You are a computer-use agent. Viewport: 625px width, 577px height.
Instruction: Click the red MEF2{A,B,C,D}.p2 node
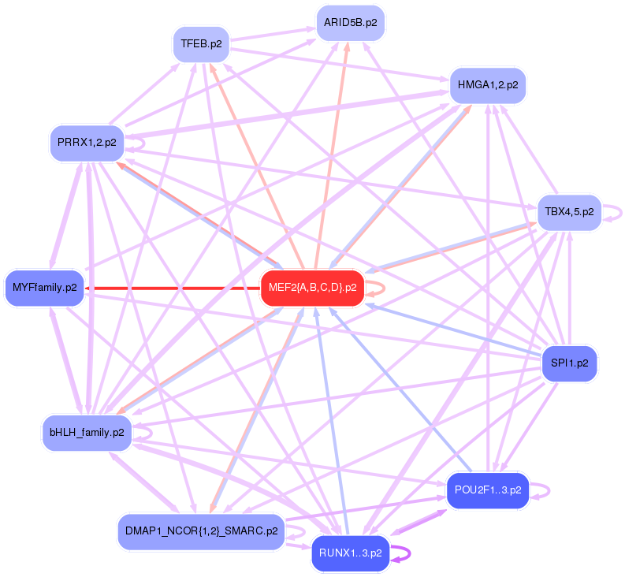312,288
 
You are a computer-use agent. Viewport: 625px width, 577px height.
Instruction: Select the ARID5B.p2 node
350,23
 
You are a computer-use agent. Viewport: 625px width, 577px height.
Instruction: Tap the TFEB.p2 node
200,43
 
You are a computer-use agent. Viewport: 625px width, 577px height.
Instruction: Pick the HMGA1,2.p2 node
487,84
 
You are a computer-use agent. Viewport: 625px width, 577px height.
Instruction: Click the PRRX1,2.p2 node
87,143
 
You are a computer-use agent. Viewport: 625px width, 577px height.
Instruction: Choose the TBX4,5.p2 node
569,212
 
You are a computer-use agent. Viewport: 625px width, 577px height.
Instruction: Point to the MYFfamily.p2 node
44,288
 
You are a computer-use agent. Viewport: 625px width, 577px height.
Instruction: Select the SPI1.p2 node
570,364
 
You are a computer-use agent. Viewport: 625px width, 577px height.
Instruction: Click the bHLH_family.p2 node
87,432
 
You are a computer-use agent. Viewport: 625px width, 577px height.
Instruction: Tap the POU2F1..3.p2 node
488,490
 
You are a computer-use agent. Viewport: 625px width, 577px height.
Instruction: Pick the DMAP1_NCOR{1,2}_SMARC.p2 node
200,531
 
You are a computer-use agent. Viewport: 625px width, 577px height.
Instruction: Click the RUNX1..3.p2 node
351,553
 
